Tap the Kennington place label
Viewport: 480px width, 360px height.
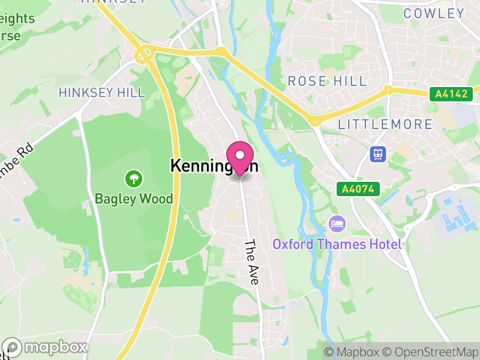pos(214,166)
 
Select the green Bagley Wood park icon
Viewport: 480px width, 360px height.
pos(133,178)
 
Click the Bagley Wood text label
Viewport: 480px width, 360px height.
pos(133,199)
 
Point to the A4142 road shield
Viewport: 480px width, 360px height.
pos(451,94)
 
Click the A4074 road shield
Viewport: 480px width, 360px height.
pos(359,189)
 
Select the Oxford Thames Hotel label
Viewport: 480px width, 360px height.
pos(337,244)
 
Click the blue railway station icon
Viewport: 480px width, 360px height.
pos(377,154)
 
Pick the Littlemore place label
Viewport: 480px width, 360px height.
pos(385,124)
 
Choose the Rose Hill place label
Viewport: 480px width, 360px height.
pos(327,81)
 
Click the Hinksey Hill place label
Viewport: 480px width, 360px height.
pos(102,92)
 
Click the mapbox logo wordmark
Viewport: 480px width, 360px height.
pos(46,347)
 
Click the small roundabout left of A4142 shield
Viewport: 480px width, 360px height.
pos(389,91)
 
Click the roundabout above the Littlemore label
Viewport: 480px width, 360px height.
pos(316,122)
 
